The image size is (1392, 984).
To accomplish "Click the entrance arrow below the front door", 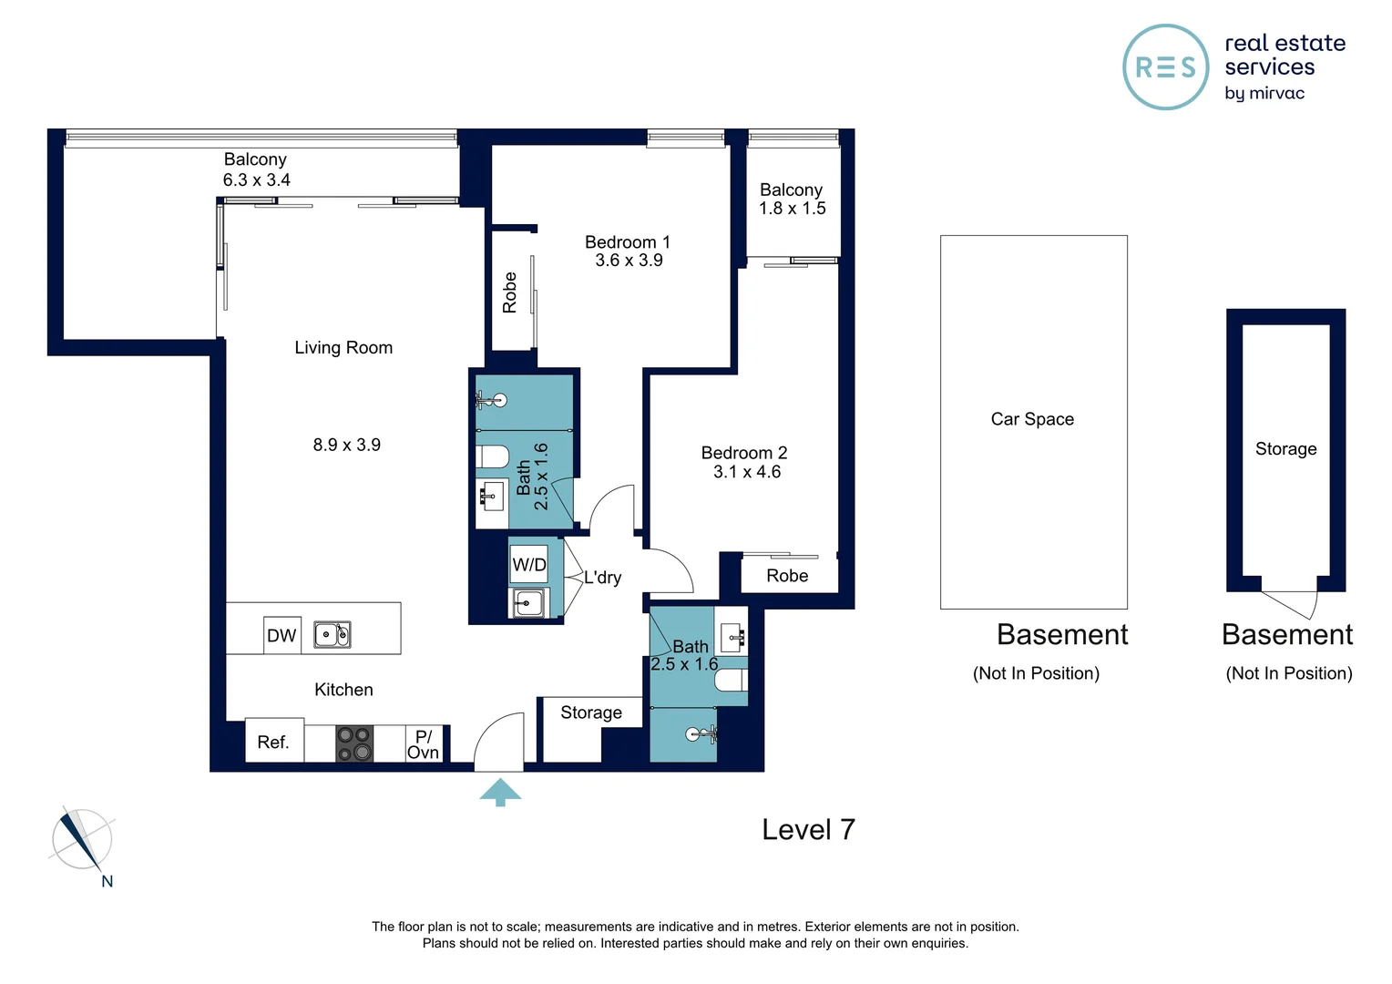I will [x=500, y=792].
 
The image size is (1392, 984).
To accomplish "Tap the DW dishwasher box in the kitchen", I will [x=281, y=635].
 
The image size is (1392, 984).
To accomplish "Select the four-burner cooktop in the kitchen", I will [x=354, y=743].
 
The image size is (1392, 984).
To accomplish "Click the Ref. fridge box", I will [x=273, y=743].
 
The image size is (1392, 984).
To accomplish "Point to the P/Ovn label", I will [x=423, y=744].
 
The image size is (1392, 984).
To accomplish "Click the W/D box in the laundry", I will [x=528, y=565].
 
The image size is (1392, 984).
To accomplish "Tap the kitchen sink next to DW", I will [x=333, y=634].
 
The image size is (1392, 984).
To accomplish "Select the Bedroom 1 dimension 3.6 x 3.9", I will [x=629, y=261].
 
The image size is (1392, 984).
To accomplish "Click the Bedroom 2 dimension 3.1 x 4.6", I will [x=746, y=472].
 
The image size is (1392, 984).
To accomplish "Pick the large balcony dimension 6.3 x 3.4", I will [x=256, y=180].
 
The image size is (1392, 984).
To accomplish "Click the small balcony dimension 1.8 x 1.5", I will [x=792, y=209].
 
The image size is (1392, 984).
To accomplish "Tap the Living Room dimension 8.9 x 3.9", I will [x=346, y=446].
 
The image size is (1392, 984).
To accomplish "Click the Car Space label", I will [x=1032, y=419].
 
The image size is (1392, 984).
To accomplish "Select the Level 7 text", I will [x=808, y=829].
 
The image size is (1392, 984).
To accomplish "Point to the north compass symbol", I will [x=81, y=840].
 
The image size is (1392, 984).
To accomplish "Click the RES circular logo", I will [x=1165, y=67].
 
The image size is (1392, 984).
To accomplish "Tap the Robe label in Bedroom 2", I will [x=787, y=576].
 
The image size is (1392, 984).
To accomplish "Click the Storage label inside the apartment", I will [x=590, y=712].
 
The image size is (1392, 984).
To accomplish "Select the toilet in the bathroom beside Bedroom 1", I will [x=493, y=456].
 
